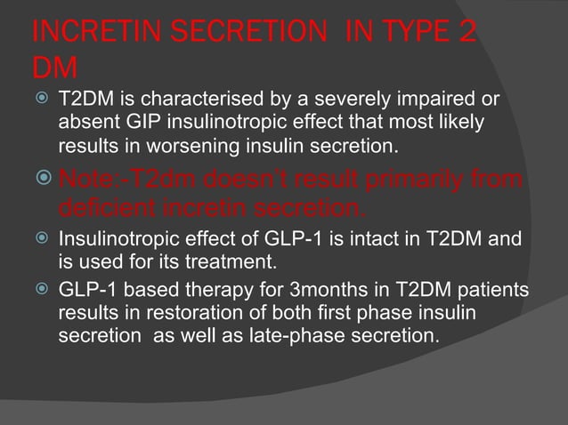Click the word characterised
[x=196, y=97]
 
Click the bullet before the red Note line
[x=39, y=183]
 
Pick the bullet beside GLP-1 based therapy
[x=40, y=292]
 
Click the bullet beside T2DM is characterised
[x=40, y=97]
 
